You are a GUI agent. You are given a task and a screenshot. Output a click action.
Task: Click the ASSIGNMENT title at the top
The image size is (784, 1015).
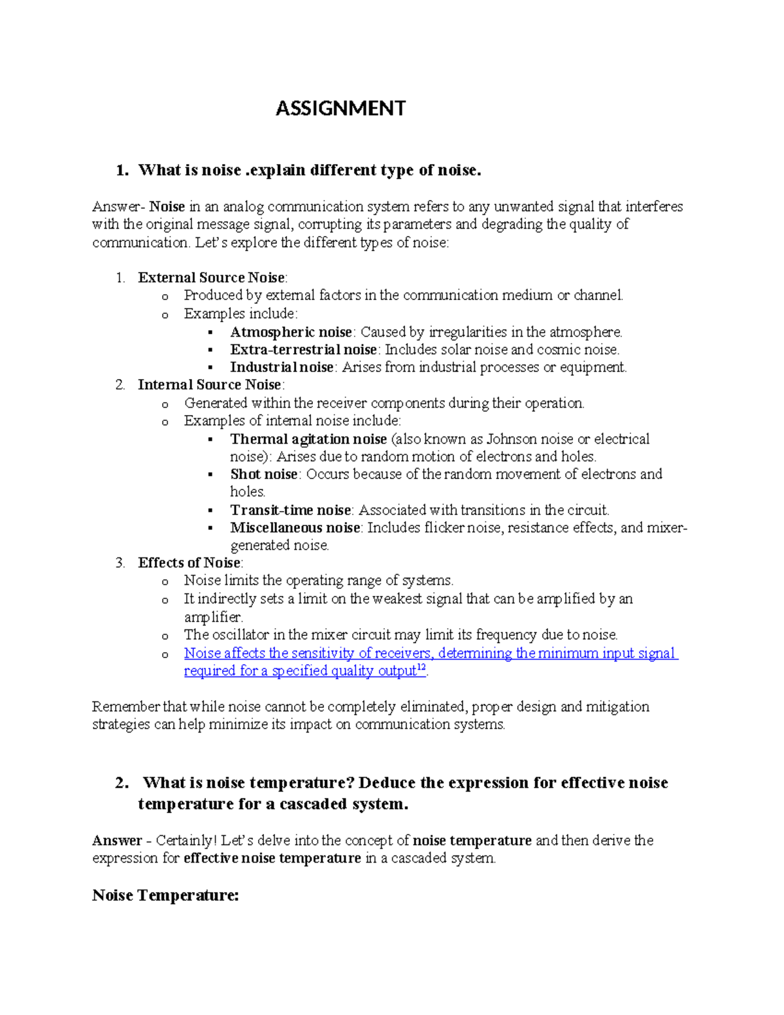click(340, 108)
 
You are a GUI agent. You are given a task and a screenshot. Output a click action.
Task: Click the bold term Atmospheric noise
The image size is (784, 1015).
click(291, 332)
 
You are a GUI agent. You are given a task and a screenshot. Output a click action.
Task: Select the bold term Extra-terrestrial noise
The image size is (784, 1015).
click(303, 350)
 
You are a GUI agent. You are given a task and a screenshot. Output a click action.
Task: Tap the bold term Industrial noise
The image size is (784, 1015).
click(282, 367)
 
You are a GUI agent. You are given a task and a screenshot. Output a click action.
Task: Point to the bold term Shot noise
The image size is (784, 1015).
click(264, 474)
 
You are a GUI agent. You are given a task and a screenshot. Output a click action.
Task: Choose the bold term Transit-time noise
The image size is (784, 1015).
click(291, 510)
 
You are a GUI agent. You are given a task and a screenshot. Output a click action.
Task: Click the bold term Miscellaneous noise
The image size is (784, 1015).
click(295, 528)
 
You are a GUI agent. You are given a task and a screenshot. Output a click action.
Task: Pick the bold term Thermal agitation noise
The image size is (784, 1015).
click(308, 439)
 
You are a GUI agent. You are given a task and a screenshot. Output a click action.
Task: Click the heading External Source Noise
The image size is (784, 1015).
click(211, 278)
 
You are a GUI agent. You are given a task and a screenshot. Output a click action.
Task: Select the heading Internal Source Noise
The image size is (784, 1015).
click(209, 385)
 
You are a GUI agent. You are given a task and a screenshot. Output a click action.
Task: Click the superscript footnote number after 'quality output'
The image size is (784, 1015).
click(421, 668)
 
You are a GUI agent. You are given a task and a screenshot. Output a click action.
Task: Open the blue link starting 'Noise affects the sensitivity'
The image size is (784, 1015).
click(431, 654)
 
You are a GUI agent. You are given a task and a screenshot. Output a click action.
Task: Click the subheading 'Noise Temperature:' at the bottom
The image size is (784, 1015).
click(165, 895)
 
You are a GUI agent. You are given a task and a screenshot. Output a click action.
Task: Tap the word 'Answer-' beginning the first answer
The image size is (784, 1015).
click(118, 207)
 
